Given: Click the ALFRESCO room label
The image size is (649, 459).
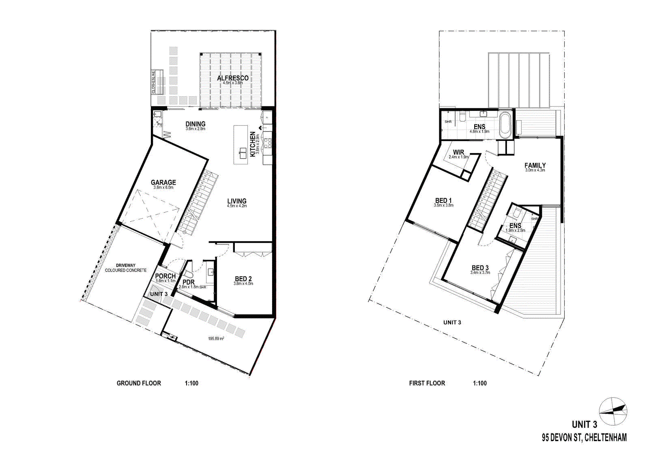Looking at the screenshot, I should point(232,78).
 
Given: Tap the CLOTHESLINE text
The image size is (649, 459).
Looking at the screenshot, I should point(154,82).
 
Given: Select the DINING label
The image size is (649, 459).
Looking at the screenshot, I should point(196,124).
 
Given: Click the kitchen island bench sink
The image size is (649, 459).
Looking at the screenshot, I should point(243,153).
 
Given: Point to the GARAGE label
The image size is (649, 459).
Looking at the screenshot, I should point(163,183).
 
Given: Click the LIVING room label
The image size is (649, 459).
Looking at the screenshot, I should point(237,201).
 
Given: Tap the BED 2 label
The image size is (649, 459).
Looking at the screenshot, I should point(243,279).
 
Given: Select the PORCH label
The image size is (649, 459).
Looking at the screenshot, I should point(165,276).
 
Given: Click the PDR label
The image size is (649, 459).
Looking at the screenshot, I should point(189,282).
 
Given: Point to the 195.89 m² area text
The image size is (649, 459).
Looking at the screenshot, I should point(216,338).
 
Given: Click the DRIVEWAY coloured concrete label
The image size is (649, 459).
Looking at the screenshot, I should point(126,268).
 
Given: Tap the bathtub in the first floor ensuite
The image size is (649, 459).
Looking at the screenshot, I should point(505,125).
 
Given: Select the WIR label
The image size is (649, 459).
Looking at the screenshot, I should point(458,153).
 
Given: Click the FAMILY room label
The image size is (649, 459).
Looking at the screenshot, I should point(535,166).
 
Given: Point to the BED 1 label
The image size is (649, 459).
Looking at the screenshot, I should point(443,200).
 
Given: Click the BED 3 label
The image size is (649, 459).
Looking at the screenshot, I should point(480,268).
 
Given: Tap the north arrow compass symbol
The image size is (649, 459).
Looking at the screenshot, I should point(613,411).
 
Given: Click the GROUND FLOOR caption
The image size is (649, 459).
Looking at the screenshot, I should point(139,383).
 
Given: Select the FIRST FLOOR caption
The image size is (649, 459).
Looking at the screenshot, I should point(427,383).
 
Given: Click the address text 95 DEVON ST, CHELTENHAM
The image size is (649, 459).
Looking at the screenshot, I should point(584,437).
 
